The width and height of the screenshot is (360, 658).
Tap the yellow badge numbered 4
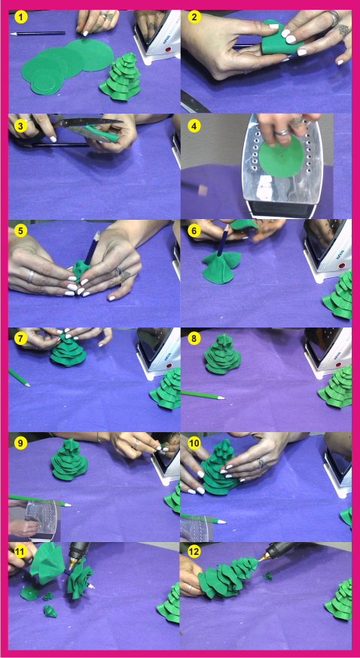coord(194,125)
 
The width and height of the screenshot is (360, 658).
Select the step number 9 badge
coord(21,443)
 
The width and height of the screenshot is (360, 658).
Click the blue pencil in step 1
coord(38,33)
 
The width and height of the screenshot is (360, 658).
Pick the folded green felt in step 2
coord(276,41)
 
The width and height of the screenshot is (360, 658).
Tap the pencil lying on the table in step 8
coord(203,395)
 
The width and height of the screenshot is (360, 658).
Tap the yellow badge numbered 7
coord(21,338)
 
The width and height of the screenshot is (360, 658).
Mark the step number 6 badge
coord(194,231)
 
